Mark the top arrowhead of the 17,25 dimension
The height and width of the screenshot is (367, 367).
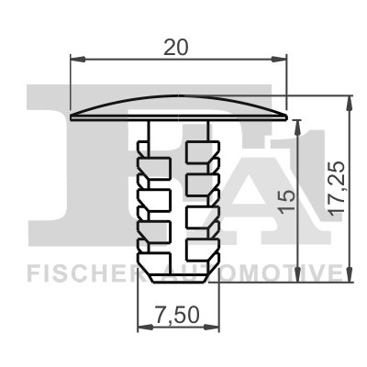[x=350, y=100]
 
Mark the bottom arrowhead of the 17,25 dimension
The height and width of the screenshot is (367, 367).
[x=350, y=276]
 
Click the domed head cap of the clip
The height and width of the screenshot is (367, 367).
[x=180, y=106]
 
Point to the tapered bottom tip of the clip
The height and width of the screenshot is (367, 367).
[x=180, y=275]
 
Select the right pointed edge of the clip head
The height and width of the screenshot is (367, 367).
[x=286, y=117]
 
